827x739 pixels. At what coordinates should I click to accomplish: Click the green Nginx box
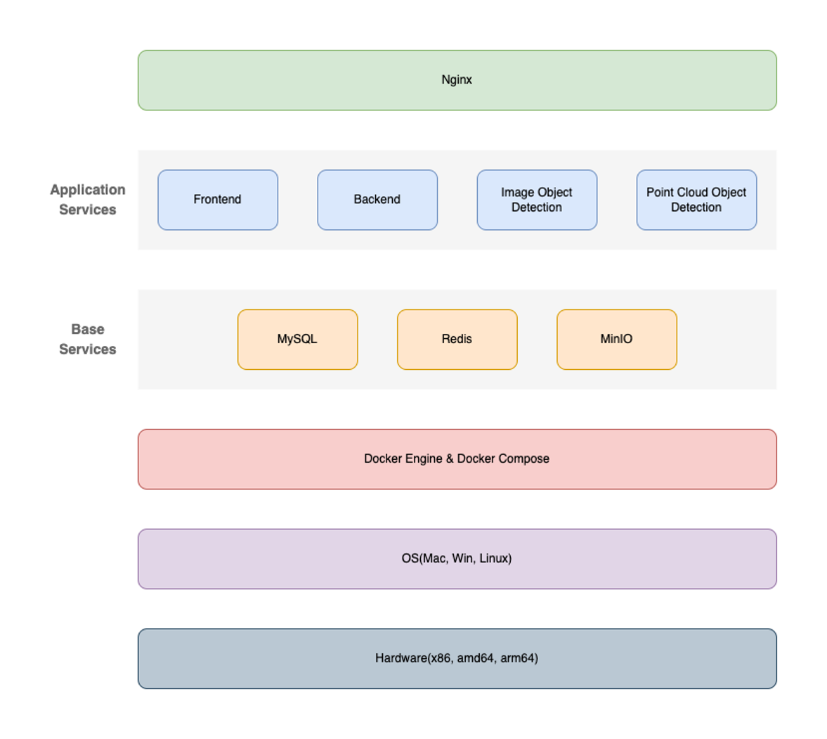pyautogui.click(x=457, y=80)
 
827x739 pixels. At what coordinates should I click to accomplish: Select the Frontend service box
pyautogui.click(x=218, y=200)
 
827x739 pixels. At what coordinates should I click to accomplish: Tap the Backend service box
pyautogui.click(x=377, y=200)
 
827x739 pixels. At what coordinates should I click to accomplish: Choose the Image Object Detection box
pyautogui.click(x=537, y=200)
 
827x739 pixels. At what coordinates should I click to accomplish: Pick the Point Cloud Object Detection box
pyautogui.click(x=697, y=200)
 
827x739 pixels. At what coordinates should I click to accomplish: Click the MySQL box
pyautogui.click(x=297, y=340)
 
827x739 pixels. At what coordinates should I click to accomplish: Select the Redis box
pyautogui.click(x=457, y=340)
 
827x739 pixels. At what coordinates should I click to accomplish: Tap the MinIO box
pyautogui.click(x=616, y=340)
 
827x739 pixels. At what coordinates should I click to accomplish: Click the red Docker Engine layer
pyautogui.click(x=457, y=459)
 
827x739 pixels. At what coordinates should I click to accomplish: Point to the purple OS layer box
pyautogui.click(x=457, y=559)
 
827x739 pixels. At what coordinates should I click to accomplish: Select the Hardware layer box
pyautogui.click(x=457, y=659)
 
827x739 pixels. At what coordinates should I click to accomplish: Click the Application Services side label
pyautogui.click(x=88, y=200)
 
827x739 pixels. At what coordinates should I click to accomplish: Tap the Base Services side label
pyautogui.click(x=88, y=339)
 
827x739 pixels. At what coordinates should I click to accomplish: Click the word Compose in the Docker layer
pyautogui.click(x=524, y=459)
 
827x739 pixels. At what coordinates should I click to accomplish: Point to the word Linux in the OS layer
pyautogui.click(x=494, y=558)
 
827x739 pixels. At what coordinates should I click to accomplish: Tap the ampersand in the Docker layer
pyautogui.click(x=450, y=458)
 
